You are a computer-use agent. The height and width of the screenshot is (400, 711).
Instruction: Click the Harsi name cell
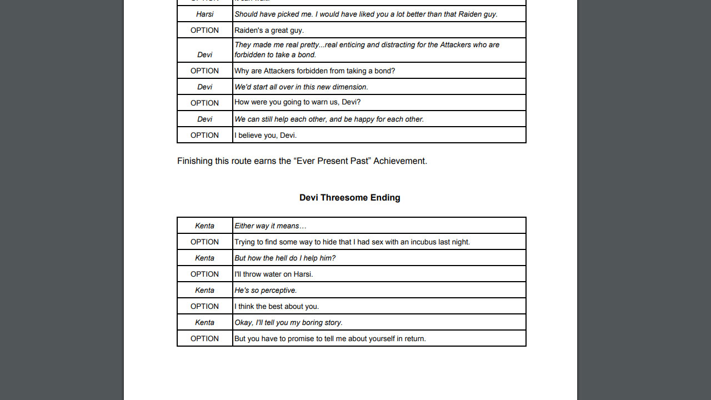[x=204, y=14]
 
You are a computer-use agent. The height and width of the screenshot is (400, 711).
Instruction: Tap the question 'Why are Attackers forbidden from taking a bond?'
[x=314, y=71]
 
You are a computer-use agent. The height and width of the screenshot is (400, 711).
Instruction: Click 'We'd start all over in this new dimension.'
[x=301, y=87]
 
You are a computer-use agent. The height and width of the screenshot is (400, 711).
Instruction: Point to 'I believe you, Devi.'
[x=266, y=135]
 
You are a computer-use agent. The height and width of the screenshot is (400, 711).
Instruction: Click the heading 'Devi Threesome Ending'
[x=350, y=198]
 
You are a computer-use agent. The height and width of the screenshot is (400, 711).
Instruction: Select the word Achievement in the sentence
[x=399, y=161]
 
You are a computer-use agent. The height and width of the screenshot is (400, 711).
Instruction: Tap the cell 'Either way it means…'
[x=271, y=226]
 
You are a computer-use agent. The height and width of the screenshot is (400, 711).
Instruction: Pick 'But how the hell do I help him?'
[x=285, y=258]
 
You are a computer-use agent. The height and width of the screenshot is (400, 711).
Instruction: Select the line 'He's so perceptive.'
[x=266, y=290]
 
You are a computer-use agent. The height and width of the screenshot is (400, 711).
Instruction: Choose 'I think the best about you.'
[x=277, y=306]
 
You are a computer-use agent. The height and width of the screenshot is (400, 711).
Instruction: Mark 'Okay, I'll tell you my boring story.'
[x=288, y=322]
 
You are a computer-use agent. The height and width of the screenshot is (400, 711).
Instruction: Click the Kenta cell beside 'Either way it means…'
[x=204, y=226]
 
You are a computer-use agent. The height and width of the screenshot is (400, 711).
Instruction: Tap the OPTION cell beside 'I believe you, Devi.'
[x=204, y=135]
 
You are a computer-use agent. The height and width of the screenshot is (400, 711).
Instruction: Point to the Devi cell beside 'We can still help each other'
[x=204, y=119]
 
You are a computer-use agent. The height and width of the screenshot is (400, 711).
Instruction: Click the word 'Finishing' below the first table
[x=194, y=161]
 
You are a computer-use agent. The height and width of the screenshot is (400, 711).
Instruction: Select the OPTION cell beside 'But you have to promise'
[x=204, y=338]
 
